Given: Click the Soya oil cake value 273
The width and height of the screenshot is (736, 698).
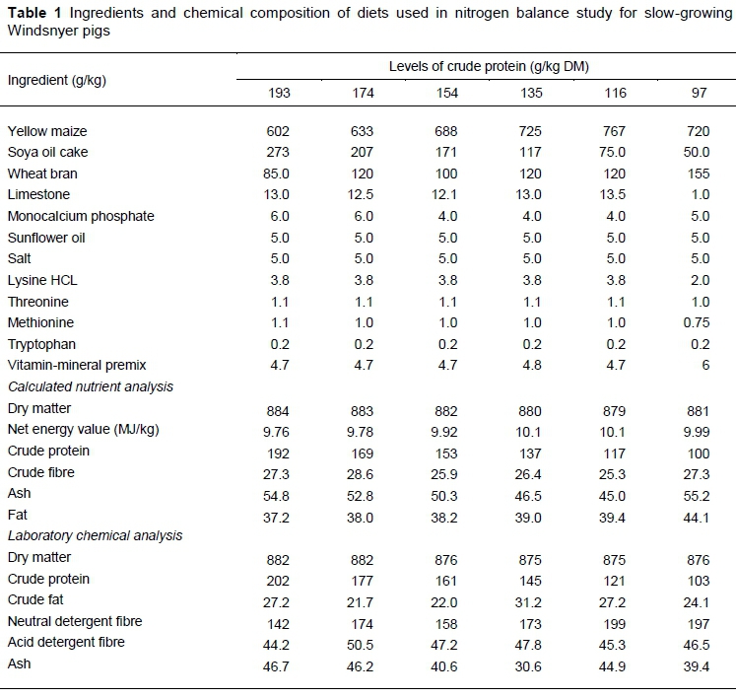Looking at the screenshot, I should (x=279, y=153).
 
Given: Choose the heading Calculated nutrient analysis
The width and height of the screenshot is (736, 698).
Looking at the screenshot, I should (x=91, y=386).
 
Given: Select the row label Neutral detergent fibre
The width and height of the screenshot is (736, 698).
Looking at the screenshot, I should (x=74, y=621).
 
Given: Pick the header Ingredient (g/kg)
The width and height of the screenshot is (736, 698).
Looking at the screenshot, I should (x=56, y=80).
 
